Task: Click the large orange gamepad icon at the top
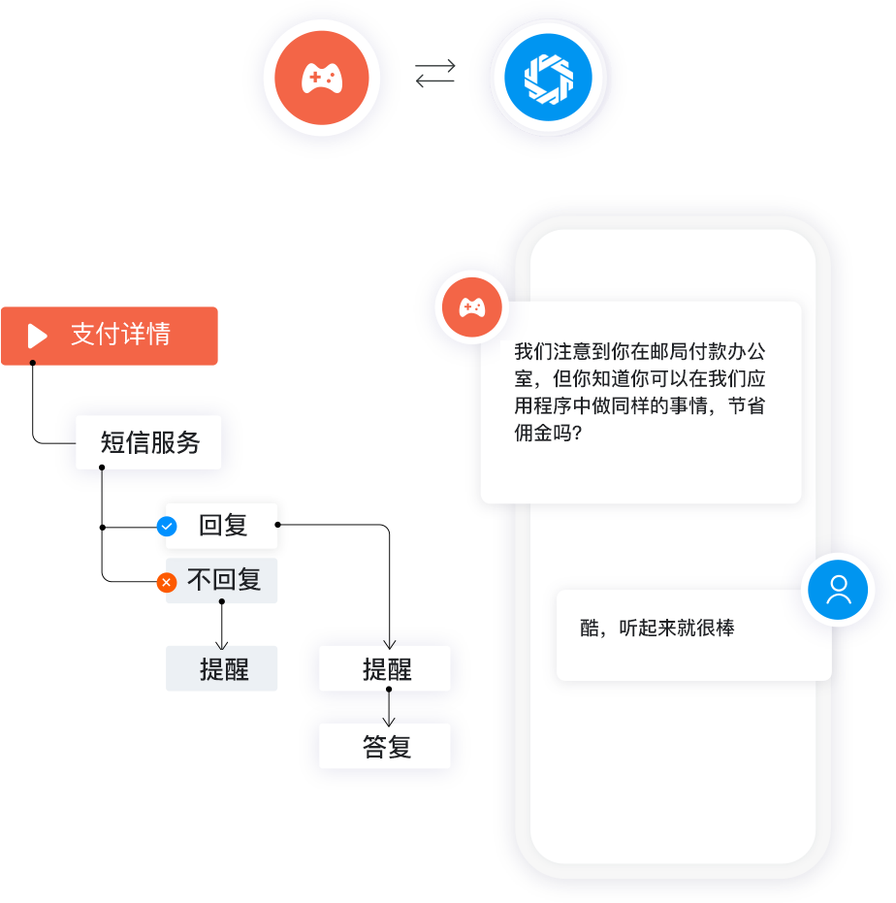[321, 79]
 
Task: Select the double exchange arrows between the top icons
[435, 74]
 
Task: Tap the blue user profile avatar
[839, 590]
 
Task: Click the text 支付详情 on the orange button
[120, 335]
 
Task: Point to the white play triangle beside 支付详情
[38, 336]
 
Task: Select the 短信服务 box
[149, 442]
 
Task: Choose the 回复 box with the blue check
[223, 525]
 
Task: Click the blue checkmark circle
[167, 526]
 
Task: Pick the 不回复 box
[223, 580]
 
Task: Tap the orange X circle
[167, 582]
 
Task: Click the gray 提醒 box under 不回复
[223, 668]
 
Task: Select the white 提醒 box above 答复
[386, 668]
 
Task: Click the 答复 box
[386, 746]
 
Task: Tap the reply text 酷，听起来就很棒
[657, 628]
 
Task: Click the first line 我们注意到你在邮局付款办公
[639, 351]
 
